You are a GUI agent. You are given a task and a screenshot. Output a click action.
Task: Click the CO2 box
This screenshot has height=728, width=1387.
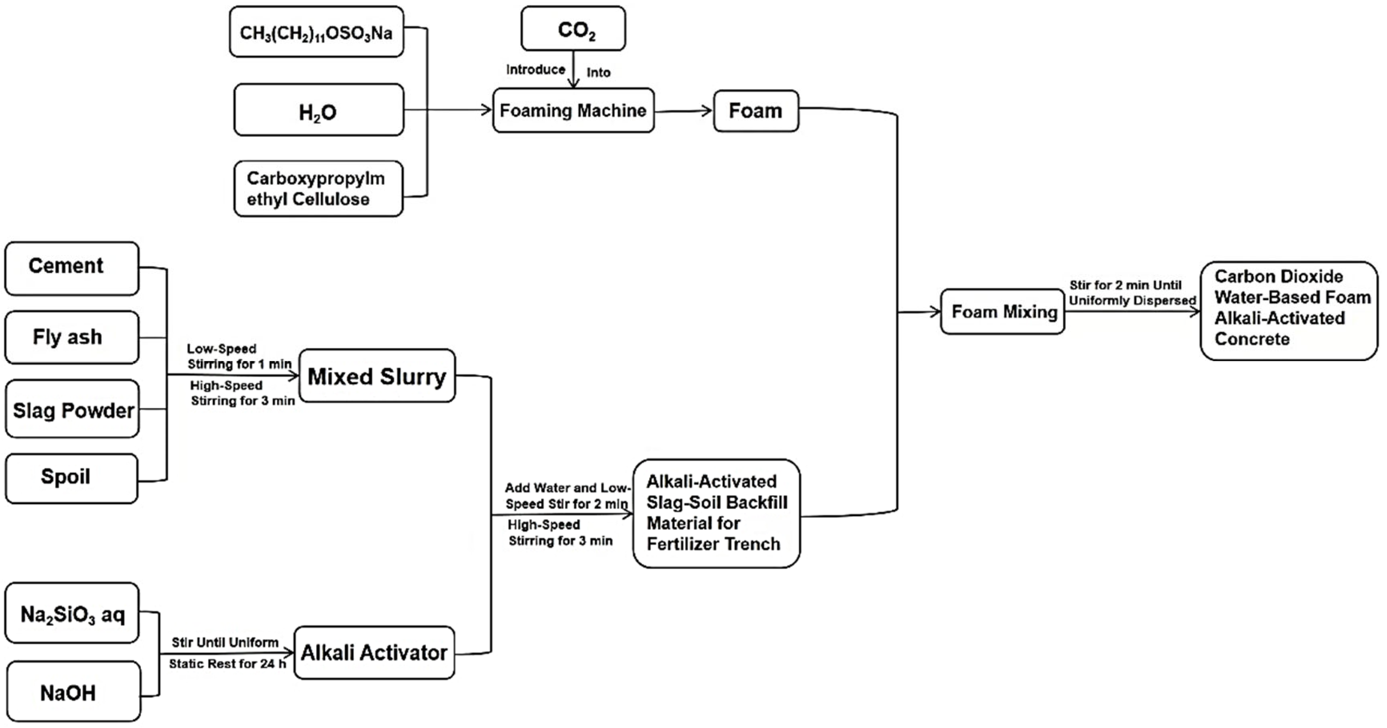574,29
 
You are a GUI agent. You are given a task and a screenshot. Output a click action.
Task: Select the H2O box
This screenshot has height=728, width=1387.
319,110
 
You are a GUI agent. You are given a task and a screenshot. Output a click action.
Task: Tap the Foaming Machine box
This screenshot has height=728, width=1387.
574,110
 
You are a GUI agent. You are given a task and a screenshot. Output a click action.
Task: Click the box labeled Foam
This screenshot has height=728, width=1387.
756,111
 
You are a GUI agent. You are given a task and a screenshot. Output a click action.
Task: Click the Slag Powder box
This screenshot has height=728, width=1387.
72,409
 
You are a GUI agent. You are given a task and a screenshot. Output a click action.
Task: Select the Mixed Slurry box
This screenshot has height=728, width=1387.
377,376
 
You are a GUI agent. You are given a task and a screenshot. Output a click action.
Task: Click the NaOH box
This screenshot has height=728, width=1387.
74,691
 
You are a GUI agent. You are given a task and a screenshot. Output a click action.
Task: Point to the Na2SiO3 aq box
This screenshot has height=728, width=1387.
72,613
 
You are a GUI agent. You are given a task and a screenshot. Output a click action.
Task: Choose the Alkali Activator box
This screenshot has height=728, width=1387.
374,653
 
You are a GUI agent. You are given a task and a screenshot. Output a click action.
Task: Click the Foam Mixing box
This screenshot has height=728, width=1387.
1002,311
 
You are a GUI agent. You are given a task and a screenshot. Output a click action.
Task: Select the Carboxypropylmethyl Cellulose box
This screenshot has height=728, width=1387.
319,188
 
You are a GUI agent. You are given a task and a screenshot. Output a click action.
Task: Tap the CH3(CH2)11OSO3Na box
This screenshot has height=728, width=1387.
317,32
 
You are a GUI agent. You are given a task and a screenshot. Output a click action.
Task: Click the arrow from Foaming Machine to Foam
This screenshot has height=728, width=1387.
684,111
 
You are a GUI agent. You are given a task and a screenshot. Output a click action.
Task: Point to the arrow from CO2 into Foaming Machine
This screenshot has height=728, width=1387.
574,69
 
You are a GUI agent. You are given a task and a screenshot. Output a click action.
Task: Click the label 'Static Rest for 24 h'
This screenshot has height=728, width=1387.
227,664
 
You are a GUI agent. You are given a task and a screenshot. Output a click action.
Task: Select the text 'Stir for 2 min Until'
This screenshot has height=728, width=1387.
1125,285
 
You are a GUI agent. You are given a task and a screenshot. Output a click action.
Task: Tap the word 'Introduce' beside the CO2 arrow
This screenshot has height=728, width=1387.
536,69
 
